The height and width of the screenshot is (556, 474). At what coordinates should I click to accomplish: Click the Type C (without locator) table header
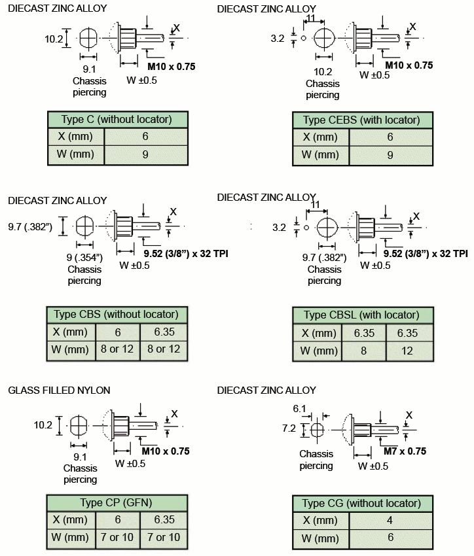coord(117,120)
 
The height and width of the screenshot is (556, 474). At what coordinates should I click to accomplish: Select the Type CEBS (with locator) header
coord(361,120)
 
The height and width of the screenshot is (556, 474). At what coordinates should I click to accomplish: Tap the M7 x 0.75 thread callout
coord(405,451)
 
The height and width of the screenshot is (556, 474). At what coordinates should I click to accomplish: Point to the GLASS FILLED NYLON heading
coord(59,391)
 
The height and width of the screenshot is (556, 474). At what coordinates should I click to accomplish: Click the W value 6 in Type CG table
coord(390,537)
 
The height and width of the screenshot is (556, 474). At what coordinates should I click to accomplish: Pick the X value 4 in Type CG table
coord(390,520)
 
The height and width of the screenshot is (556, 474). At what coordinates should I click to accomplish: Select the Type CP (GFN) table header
coord(116,502)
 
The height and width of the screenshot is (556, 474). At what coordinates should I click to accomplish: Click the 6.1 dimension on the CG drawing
coord(299,409)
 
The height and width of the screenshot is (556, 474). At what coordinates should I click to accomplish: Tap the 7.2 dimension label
coord(289,428)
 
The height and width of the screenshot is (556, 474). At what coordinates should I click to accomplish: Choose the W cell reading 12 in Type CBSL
coord(407,351)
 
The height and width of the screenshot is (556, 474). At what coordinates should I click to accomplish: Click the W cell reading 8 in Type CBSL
coord(363,351)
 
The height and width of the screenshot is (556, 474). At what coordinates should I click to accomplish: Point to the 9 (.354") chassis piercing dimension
coord(84,258)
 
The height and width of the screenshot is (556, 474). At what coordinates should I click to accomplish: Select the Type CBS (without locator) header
coord(116,314)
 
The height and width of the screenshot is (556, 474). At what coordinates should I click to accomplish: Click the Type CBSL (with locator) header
coord(361,315)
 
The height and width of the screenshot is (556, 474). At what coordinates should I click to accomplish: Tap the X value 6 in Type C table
coord(145,136)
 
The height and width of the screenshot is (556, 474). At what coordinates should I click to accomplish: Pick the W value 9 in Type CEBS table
coord(390,155)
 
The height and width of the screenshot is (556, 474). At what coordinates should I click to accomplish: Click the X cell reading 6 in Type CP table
coord(118,519)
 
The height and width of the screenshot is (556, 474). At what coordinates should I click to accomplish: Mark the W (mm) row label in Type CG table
coord(319,538)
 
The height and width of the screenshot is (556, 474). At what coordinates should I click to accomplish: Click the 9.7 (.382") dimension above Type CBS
coord(30,226)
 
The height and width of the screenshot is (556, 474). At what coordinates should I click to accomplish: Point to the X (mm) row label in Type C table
coord(75,137)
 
